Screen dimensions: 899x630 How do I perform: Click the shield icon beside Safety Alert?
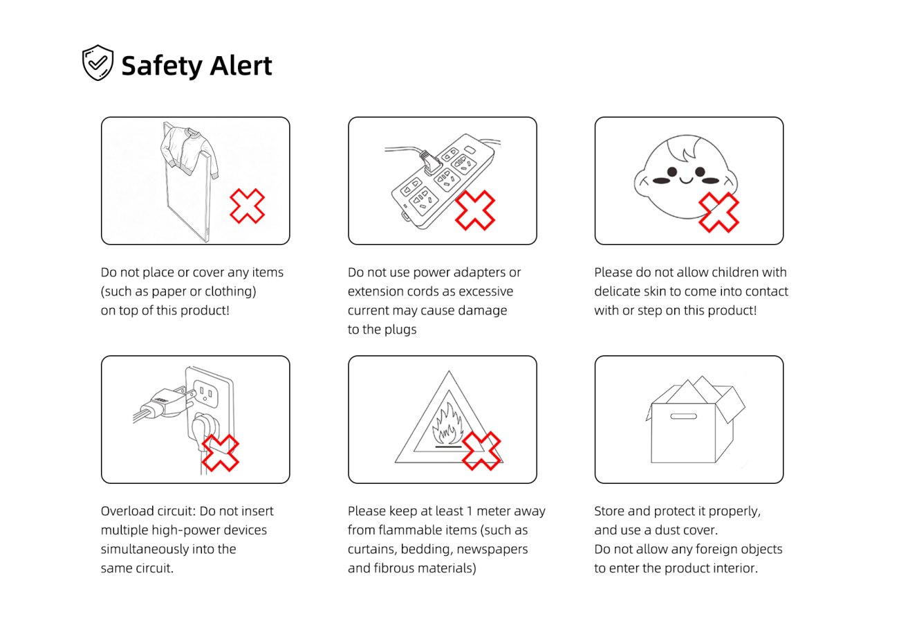point(98,63)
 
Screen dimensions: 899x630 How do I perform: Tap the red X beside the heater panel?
point(248,206)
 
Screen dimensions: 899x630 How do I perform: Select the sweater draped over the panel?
point(189,151)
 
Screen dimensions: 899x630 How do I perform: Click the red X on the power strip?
point(475,210)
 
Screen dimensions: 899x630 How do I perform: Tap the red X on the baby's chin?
point(719,212)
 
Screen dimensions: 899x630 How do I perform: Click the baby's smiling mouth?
point(686,180)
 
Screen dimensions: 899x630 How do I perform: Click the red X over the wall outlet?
point(221,453)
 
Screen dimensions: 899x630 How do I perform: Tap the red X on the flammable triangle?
point(481,451)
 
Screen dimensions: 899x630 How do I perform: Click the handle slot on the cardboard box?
point(683,416)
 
